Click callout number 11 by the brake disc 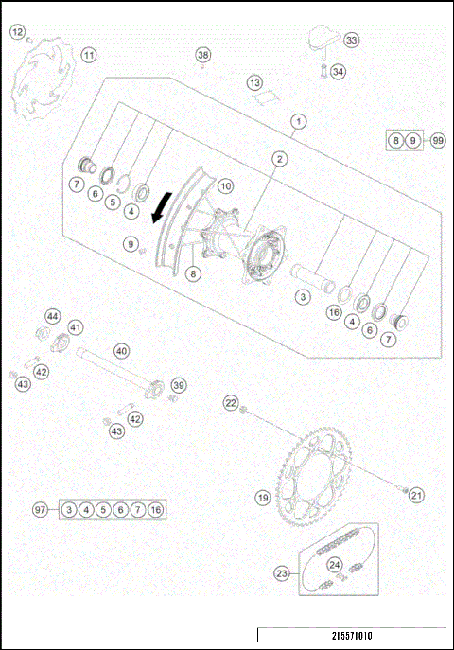(x=88, y=55)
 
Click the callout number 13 (x=254, y=83)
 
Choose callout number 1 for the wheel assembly (x=299, y=121)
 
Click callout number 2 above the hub (x=280, y=159)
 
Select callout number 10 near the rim (x=225, y=186)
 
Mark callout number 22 (x=231, y=404)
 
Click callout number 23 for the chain (x=281, y=572)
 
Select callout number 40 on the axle (x=122, y=350)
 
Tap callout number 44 (x=53, y=316)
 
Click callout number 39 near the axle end (x=179, y=384)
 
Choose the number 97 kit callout (x=40, y=510)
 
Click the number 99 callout (x=437, y=140)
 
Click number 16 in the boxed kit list (x=155, y=510)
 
